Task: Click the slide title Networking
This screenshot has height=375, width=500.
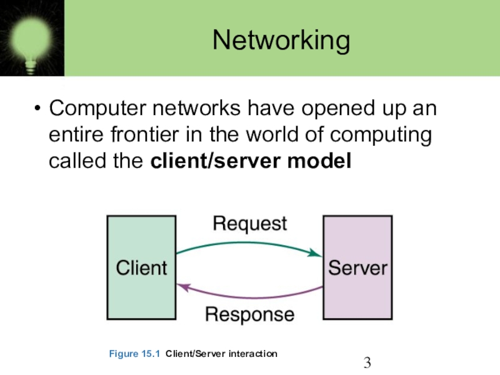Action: [281, 40]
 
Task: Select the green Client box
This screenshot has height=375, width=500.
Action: [142, 267]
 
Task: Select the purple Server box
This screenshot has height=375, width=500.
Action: [357, 267]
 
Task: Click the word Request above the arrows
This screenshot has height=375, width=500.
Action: [249, 224]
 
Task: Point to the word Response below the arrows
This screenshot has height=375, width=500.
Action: [249, 315]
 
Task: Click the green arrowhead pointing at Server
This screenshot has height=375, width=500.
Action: [315, 253]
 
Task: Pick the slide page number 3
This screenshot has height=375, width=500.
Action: [367, 362]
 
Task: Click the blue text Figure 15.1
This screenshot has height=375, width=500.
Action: [134, 354]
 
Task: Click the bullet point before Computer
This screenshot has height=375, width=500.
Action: [37, 108]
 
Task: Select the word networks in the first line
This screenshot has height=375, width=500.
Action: [197, 108]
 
